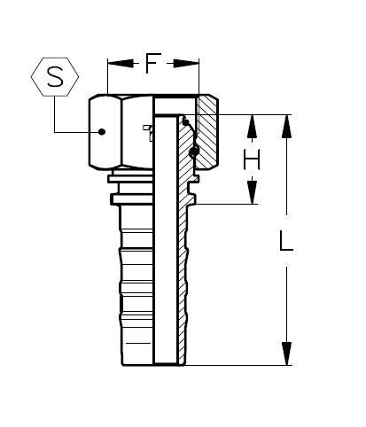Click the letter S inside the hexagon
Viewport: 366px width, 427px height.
[x=56, y=77]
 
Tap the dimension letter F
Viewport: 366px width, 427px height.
[x=152, y=63]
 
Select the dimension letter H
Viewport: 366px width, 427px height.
[x=253, y=159]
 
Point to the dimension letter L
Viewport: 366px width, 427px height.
[x=285, y=241]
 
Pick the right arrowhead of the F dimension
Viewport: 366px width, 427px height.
[x=191, y=63]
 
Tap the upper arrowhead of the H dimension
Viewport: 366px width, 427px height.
[x=253, y=123]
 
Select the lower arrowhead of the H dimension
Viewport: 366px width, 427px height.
[x=253, y=196]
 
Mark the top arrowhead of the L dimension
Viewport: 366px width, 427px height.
[x=286, y=124]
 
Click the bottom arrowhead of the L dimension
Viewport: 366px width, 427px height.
[x=286, y=356]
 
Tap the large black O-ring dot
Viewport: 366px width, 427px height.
[x=193, y=152]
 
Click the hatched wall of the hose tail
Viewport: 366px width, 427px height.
[x=183, y=266]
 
